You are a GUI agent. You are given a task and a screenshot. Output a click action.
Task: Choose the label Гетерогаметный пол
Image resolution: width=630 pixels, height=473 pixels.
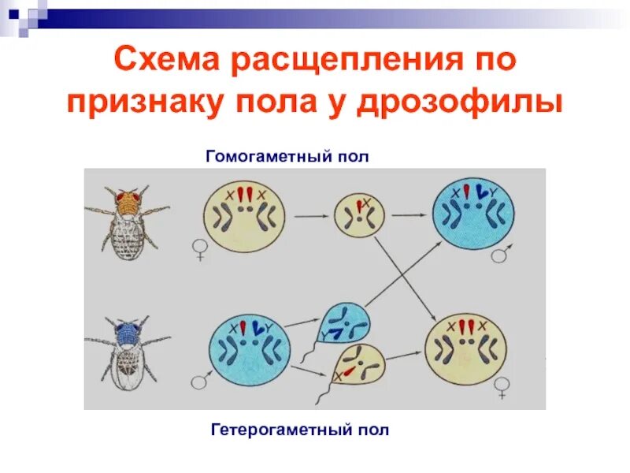pos(300,430)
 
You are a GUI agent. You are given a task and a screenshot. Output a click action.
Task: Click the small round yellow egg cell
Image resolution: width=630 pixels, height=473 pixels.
pos(359,214)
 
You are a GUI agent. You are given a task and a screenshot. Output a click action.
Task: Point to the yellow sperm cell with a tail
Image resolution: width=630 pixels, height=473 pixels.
pos(358,370)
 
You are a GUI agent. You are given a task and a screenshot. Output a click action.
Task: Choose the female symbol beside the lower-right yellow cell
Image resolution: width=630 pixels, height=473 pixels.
pos(501,386)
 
